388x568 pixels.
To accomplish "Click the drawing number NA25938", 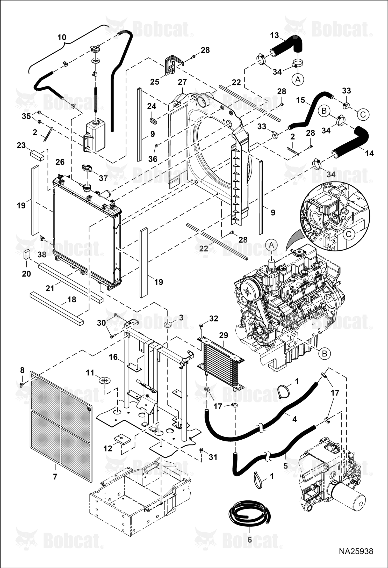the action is [356, 557].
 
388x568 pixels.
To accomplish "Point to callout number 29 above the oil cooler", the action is [224, 336].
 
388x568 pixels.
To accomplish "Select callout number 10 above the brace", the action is [62, 38].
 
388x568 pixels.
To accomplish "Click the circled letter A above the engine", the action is [271, 245].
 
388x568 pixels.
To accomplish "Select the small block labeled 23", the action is [37, 155].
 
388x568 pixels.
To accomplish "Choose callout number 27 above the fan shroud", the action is [182, 82].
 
